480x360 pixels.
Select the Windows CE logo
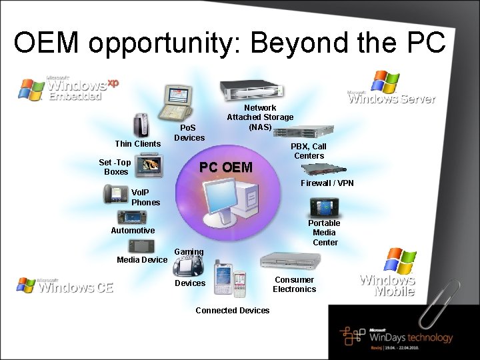coord(65,285)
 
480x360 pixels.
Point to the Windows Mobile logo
coord(388,273)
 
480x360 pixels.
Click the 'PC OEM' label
coord(227,167)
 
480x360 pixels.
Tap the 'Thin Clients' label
coord(137,144)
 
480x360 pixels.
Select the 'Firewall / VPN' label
coord(327,183)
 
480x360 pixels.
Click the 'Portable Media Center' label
coord(325,233)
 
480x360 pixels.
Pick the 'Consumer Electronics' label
coord(294,285)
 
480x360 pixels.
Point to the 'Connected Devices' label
coord(233,311)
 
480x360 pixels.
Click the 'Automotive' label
coord(133,231)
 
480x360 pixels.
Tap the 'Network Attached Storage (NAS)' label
coord(260,117)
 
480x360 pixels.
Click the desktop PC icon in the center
coord(230,201)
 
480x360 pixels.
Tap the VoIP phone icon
coord(116,193)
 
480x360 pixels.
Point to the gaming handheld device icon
coord(189,265)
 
